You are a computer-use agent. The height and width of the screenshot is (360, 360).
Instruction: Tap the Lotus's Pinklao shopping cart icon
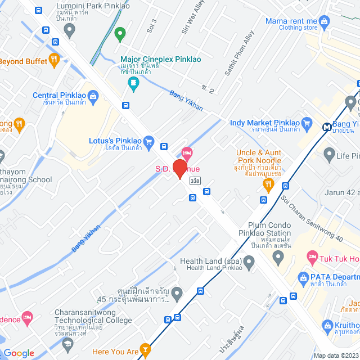pyautogui.click(x=148, y=141)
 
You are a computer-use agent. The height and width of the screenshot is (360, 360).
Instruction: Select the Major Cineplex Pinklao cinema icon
pyautogui.click(x=133, y=84)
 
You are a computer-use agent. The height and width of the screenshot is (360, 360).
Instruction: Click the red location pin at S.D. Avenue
pyautogui.click(x=179, y=169)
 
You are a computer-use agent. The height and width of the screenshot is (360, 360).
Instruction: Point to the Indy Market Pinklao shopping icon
pyautogui.click(x=307, y=123)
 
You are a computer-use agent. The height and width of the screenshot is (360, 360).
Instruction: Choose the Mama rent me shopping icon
pyautogui.click(x=324, y=22)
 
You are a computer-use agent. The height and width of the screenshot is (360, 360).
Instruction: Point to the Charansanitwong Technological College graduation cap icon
pyautogui.click(x=67, y=343)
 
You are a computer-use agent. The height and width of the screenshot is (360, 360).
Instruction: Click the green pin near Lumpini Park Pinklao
pyautogui.click(x=119, y=35)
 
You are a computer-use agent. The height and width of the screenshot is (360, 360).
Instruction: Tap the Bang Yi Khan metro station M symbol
pyautogui.click(x=327, y=127)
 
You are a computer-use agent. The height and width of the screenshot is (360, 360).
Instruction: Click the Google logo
pyautogui.click(x=19, y=353)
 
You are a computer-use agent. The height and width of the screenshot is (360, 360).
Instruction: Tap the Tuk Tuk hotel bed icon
pyautogui.click(x=312, y=258)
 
